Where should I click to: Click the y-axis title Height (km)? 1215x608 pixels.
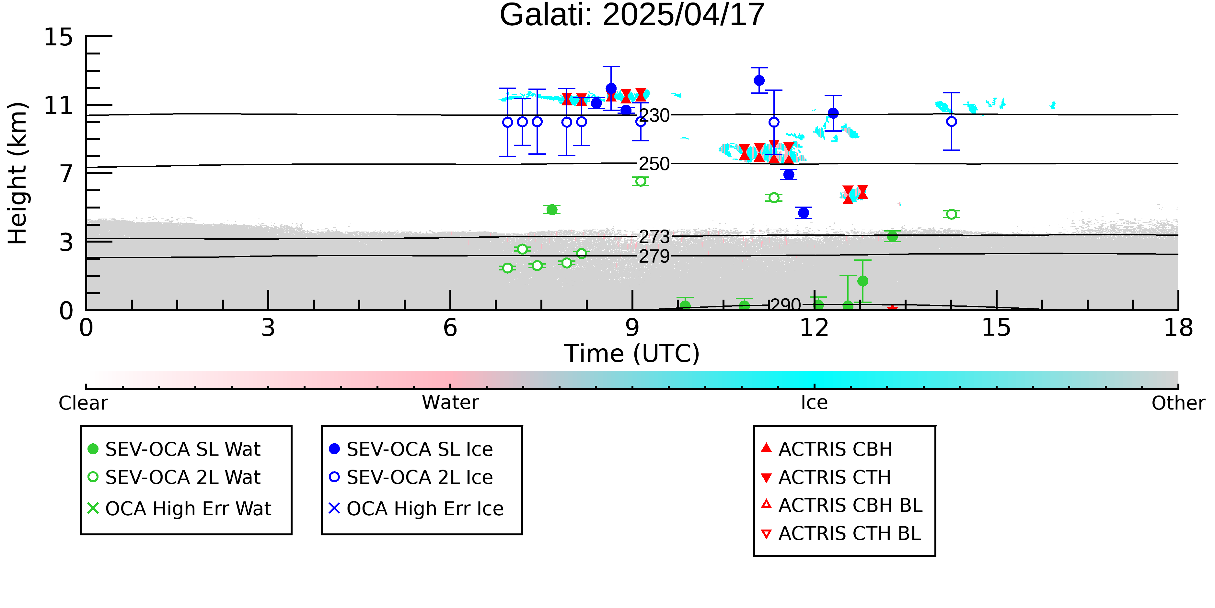pyautogui.click(x=18, y=173)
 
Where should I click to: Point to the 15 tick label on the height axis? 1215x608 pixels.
pyautogui.click(x=59, y=37)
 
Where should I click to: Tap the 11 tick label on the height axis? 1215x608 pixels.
pyautogui.click(x=59, y=105)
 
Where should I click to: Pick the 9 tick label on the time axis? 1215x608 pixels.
pyautogui.click(x=632, y=328)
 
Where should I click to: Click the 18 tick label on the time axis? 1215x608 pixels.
pyautogui.click(x=1178, y=328)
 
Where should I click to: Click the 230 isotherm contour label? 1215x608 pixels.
pyautogui.click(x=654, y=115)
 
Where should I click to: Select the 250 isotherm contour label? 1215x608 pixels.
pyautogui.click(x=654, y=164)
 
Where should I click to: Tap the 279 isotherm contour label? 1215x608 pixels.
pyautogui.click(x=654, y=256)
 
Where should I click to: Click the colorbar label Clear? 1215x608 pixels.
pyautogui.click(x=83, y=403)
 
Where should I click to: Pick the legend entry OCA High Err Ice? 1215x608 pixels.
pyautogui.click(x=416, y=509)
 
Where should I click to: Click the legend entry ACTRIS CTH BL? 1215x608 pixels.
pyautogui.click(x=841, y=533)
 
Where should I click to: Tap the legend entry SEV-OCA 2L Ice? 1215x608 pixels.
pyautogui.click(x=411, y=477)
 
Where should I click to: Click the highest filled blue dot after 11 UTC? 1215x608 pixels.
pyautogui.click(x=759, y=80)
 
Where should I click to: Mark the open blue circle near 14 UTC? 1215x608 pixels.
pyautogui.click(x=951, y=121)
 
